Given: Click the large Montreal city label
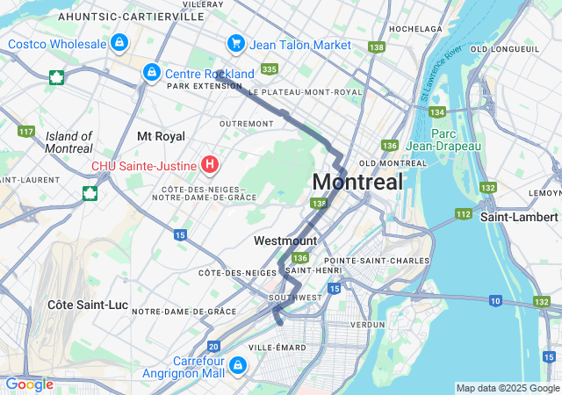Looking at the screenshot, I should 357,182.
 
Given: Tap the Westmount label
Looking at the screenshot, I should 285,241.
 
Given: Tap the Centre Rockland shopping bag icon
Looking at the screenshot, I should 152,71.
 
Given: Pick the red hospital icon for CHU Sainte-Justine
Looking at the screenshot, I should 210,163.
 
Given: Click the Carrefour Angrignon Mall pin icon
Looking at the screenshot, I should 237,364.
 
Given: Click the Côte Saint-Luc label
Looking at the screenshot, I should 88,305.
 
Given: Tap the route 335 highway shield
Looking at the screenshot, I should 269,69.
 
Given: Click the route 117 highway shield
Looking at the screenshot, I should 25,132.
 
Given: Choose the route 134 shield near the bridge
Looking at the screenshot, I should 437,111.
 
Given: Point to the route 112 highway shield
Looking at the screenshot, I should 464,213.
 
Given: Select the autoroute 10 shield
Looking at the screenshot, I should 495,301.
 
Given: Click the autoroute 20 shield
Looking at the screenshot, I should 214,346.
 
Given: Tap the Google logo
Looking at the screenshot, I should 29,384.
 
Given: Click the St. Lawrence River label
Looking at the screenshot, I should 442,75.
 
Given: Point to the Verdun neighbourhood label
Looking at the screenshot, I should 367,324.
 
